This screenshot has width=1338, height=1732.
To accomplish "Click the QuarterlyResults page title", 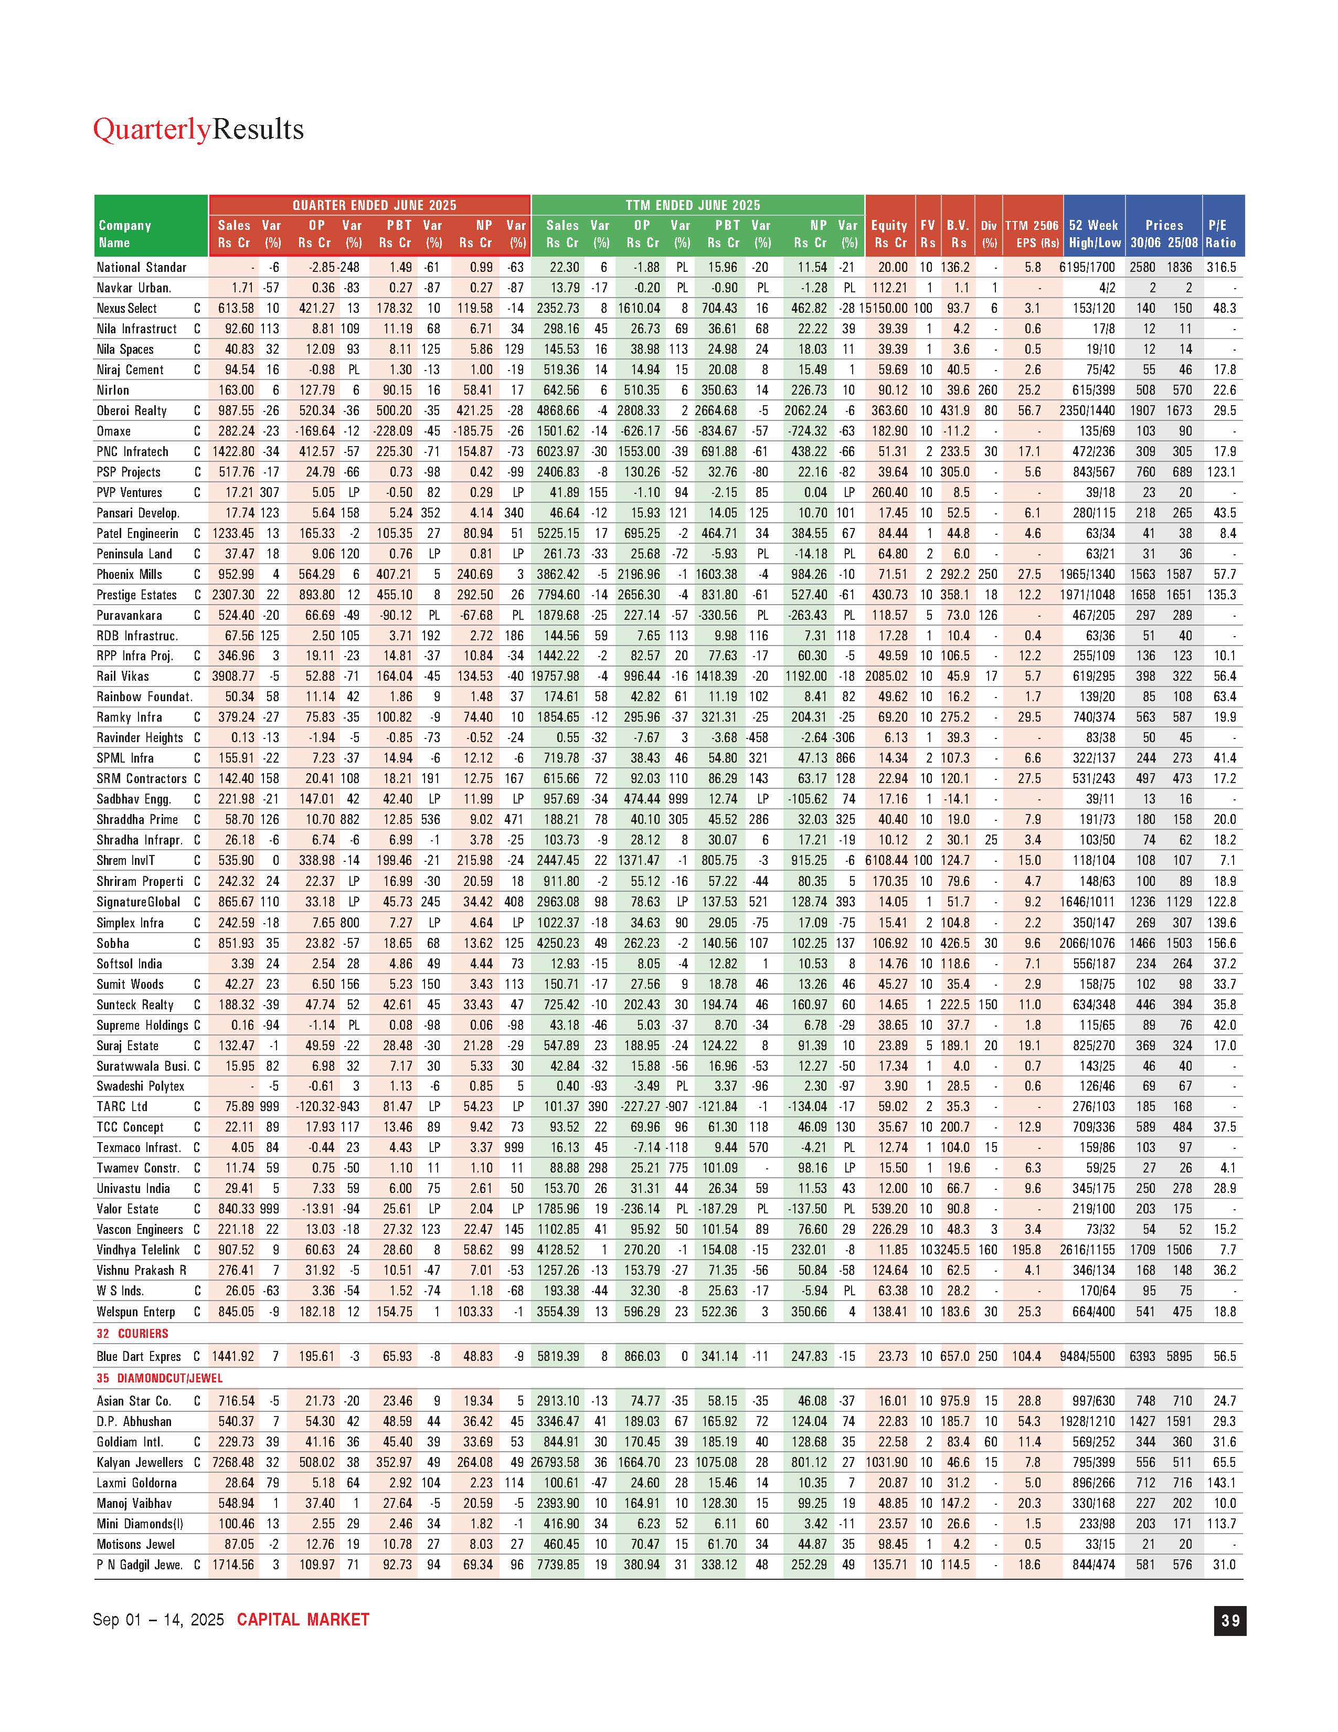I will coord(198,129).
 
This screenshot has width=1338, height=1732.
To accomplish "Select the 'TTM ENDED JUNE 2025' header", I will coord(692,205).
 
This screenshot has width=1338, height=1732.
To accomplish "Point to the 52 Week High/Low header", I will coord(1094,234).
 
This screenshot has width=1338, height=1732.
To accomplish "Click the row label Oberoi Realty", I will coord(132,411).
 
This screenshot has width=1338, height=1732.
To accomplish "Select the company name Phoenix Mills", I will coord(129,574).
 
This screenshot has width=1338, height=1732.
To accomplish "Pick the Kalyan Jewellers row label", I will coord(140,1462).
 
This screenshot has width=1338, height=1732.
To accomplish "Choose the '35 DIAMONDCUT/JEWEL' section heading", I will coord(160,1378).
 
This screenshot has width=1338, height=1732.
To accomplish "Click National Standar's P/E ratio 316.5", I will coord(1222,267).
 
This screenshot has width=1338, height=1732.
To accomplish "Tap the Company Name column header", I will coord(124,234).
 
